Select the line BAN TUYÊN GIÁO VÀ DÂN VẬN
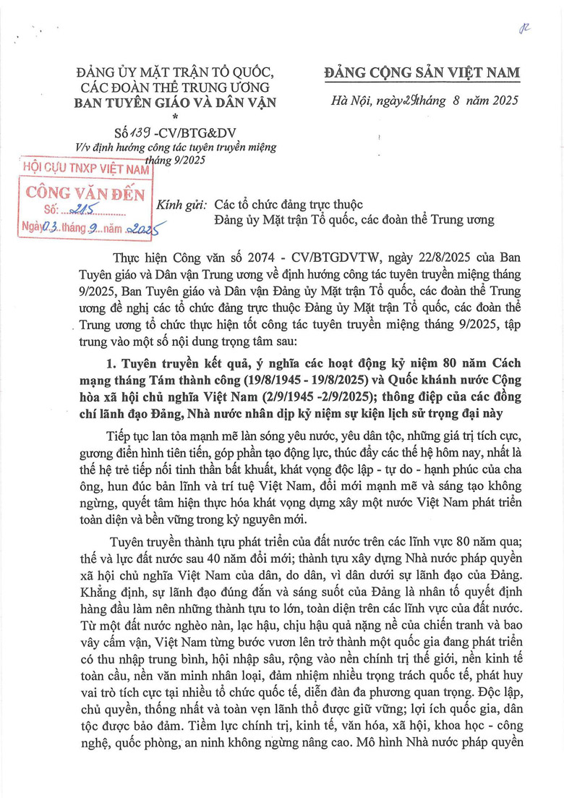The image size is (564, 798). coord(176,102)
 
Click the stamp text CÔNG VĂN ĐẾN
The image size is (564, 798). coord(85,193)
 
